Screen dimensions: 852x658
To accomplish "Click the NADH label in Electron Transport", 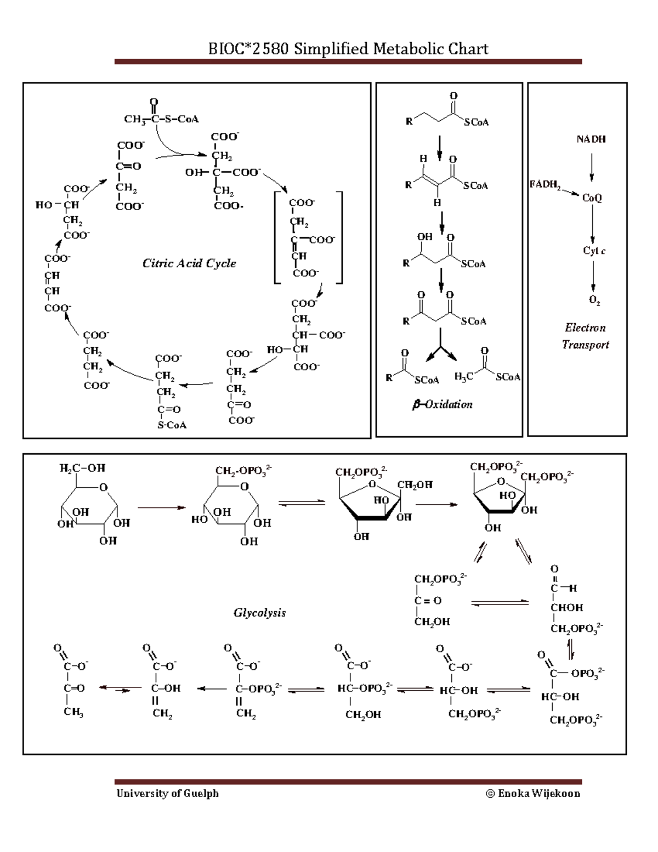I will [x=591, y=139].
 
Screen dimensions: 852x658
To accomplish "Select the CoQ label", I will [x=592, y=198].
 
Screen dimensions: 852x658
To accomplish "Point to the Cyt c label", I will [x=594, y=251].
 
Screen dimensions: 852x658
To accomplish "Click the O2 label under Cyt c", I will [x=594, y=300].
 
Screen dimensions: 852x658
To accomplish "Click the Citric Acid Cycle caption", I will [x=189, y=263].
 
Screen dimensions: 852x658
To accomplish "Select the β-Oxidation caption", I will [x=442, y=405].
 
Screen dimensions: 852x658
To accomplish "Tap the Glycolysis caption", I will [x=259, y=613].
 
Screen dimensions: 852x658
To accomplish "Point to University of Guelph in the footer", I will [x=167, y=793].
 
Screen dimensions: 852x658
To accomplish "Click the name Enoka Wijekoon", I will [x=539, y=793].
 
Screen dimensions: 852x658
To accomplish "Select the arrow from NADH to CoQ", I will [x=592, y=167].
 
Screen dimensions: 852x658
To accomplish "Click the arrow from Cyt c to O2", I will [x=593, y=277].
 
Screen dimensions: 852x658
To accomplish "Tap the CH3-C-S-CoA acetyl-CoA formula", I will [x=161, y=119].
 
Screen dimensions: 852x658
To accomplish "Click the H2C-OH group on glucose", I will [x=82, y=468].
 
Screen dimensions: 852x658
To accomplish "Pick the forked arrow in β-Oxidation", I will [x=441, y=347].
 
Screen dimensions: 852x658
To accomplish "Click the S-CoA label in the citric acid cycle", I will [x=172, y=425].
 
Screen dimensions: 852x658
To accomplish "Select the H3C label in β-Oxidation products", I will [x=464, y=376].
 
